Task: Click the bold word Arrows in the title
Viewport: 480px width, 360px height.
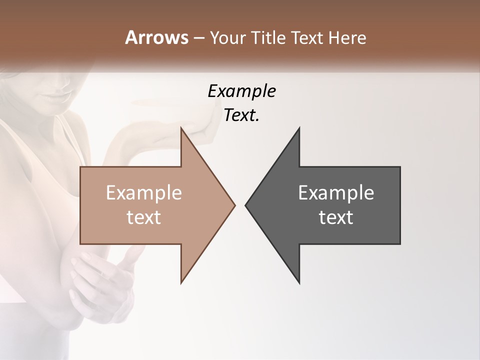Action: [x=157, y=37]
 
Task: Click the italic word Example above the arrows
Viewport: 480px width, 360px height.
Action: [x=241, y=91]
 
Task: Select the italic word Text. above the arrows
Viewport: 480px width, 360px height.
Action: [x=241, y=115]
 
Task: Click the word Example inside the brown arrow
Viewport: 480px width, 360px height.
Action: [x=144, y=192]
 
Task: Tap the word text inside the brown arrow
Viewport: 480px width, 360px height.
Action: [x=144, y=217]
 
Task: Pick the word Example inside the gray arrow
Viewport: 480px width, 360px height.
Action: [x=336, y=192]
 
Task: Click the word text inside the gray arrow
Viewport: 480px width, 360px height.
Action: [x=336, y=217]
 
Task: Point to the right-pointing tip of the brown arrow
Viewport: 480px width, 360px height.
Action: [x=234, y=205]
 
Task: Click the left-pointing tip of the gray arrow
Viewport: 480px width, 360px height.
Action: [x=246, y=205]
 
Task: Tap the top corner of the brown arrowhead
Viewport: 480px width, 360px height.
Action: [x=181, y=128]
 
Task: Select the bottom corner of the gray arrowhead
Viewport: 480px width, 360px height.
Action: [x=299, y=283]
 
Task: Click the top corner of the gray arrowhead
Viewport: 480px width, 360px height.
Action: [x=299, y=128]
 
